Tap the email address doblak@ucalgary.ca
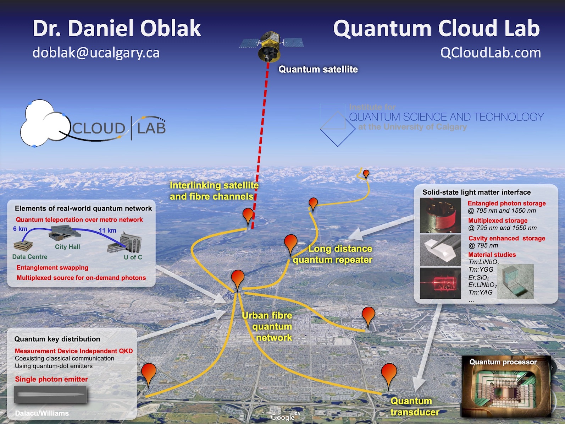96,53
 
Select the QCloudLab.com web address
490,53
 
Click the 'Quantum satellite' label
318,69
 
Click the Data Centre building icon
23,245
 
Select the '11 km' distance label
107,230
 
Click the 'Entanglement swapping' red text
52,268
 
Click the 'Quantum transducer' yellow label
414,407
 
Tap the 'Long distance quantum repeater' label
333,254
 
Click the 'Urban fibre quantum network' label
269,326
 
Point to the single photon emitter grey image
50,395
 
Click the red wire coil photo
440,215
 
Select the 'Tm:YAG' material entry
480,292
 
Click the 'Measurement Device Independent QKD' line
74,351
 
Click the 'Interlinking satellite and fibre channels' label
214,191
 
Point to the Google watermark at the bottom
283,417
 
